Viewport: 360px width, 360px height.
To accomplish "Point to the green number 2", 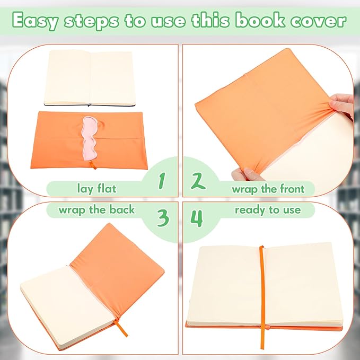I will (x=197, y=181).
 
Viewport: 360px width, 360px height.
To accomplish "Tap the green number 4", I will (x=197, y=217).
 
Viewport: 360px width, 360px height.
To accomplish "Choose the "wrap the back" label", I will (x=96, y=209).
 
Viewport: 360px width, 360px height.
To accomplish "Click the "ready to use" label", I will (x=267, y=210).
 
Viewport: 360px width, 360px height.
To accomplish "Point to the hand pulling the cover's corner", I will (x=343, y=106).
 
